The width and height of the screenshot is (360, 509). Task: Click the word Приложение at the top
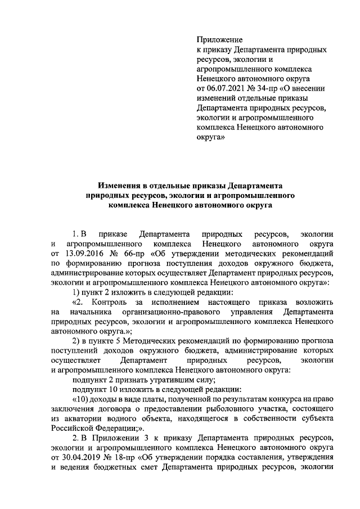219,40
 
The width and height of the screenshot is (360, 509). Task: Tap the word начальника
89,312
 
